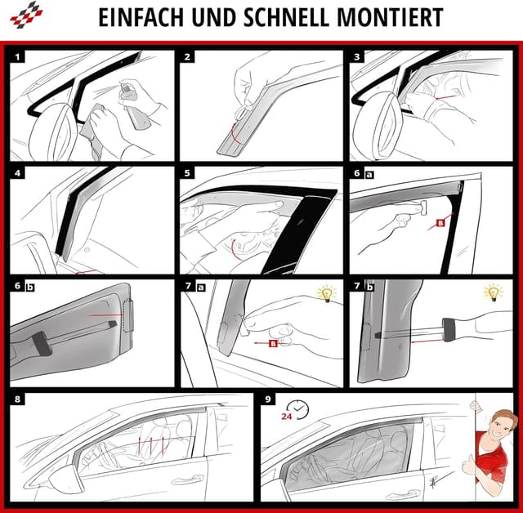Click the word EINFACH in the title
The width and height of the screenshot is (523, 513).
click(x=141, y=18)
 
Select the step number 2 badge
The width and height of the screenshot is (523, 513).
click(x=188, y=58)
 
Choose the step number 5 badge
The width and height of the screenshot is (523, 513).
click(x=188, y=173)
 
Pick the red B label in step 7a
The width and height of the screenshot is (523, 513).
click(x=273, y=344)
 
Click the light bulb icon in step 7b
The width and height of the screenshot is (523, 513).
click(x=493, y=293)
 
